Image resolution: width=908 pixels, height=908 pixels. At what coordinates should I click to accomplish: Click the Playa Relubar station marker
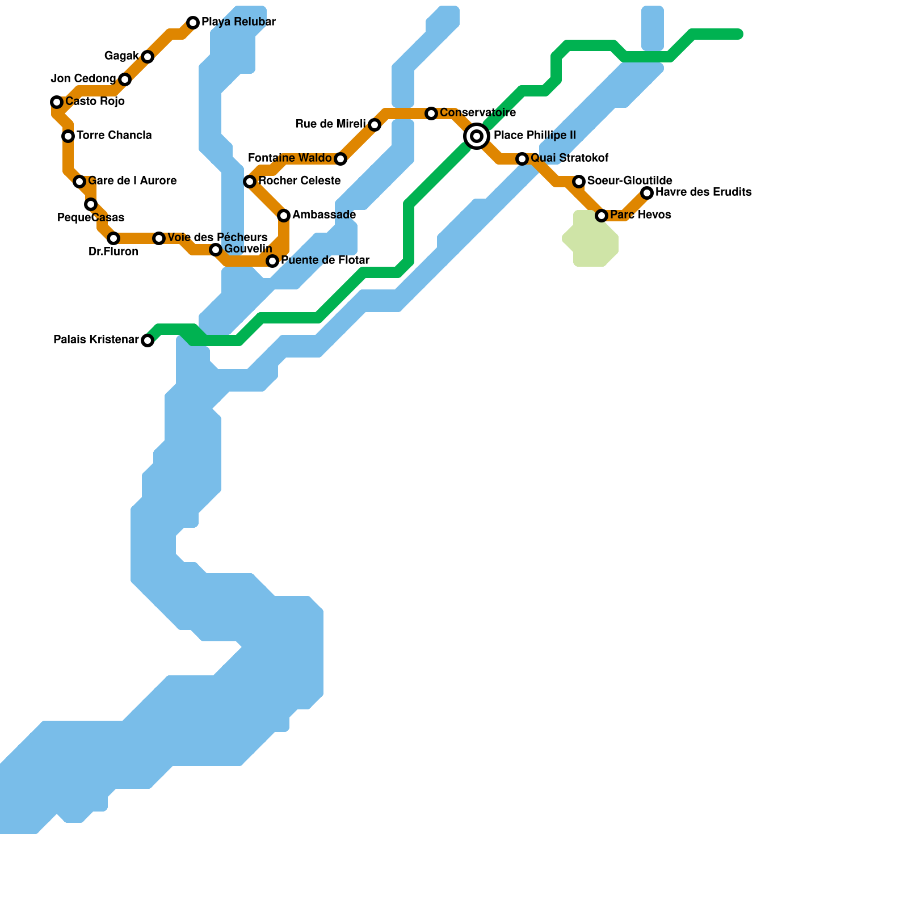click(x=193, y=23)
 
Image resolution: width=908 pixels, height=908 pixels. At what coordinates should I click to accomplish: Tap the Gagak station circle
click(x=148, y=57)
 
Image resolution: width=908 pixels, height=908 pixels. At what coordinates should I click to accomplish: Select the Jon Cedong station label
click(x=83, y=79)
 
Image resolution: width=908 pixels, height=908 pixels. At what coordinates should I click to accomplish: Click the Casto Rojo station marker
click(x=57, y=102)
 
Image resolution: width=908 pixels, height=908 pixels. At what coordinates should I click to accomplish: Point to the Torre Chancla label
click(x=114, y=136)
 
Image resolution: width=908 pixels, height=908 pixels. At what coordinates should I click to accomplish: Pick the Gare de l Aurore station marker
click(x=79, y=182)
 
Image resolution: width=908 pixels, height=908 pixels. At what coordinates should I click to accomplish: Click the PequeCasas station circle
click(x=91, y=204)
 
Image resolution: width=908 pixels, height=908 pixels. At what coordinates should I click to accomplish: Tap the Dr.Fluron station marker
click(x=113, y=238)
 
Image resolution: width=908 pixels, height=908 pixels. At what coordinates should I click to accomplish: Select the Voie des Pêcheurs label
click(x=217, y=237)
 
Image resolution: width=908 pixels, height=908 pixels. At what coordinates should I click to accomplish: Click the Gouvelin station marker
click(x=216, y=250)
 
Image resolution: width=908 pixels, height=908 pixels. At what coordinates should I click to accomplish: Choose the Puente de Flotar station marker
click(x=272, y=261)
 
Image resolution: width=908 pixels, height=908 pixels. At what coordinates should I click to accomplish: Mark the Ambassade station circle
click(x=284, y=216)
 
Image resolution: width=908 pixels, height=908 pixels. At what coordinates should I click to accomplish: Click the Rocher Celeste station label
click(x=299, y=181)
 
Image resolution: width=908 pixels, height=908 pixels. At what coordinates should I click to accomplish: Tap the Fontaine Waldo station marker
click(x=340, y=159)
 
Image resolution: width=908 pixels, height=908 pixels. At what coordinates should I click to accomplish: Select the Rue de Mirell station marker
click(x=375, y=125)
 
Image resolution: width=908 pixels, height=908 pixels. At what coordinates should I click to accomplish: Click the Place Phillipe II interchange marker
click(x=477, y=136)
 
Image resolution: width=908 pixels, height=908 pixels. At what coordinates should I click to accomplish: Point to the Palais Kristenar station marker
click(x=148, y=340)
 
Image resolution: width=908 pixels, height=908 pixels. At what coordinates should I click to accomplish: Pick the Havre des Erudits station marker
click(x=647, y=193)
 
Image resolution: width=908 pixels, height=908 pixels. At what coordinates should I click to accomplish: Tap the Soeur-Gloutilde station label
click(x=629, y=181)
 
